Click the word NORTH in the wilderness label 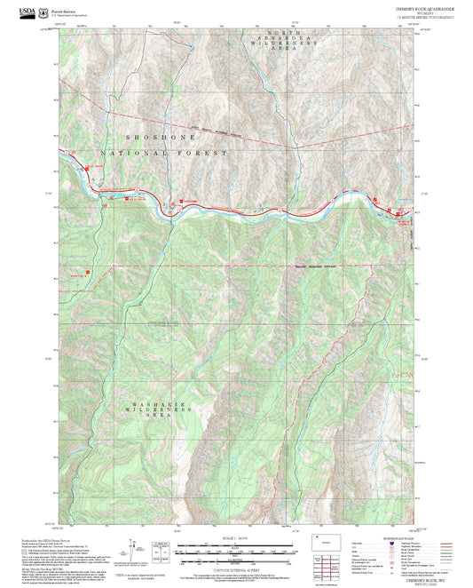point(280,32)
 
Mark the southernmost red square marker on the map point(87,272)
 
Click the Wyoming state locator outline point(322,539)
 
